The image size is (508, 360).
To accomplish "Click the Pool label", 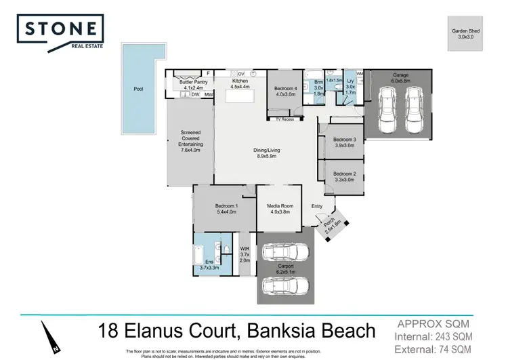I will tap(139, 88).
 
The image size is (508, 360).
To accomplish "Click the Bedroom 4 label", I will tap(285, 92).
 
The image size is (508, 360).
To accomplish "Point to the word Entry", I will tap(317, 207).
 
